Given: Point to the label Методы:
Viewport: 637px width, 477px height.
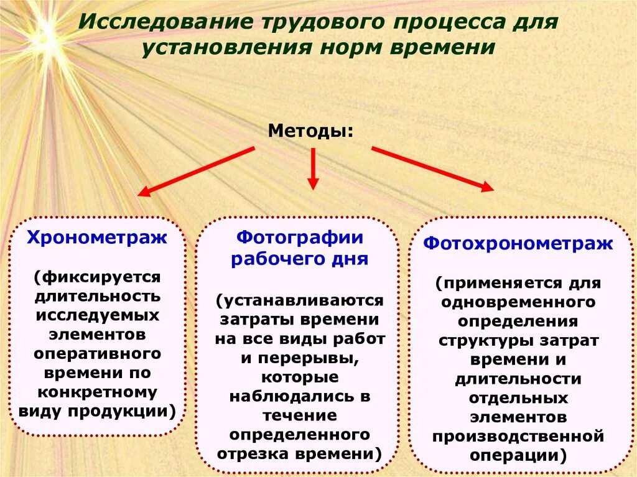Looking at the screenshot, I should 310,131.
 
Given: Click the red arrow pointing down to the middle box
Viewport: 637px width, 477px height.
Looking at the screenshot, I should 313,169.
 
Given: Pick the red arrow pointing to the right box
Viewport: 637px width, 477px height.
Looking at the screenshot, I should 432,168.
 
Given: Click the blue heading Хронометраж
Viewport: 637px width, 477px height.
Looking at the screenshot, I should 96,238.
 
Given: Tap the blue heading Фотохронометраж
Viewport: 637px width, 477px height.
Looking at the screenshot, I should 518,243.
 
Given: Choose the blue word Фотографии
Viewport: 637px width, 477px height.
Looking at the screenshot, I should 299,238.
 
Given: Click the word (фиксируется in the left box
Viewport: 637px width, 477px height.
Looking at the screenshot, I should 98,276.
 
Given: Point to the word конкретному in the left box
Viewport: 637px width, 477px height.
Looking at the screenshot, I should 98,393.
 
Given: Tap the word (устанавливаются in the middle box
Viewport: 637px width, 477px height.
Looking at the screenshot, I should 300,300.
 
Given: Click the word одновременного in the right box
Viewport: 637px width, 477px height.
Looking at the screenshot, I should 518,302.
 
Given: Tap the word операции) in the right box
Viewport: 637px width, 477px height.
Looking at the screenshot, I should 518,455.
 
